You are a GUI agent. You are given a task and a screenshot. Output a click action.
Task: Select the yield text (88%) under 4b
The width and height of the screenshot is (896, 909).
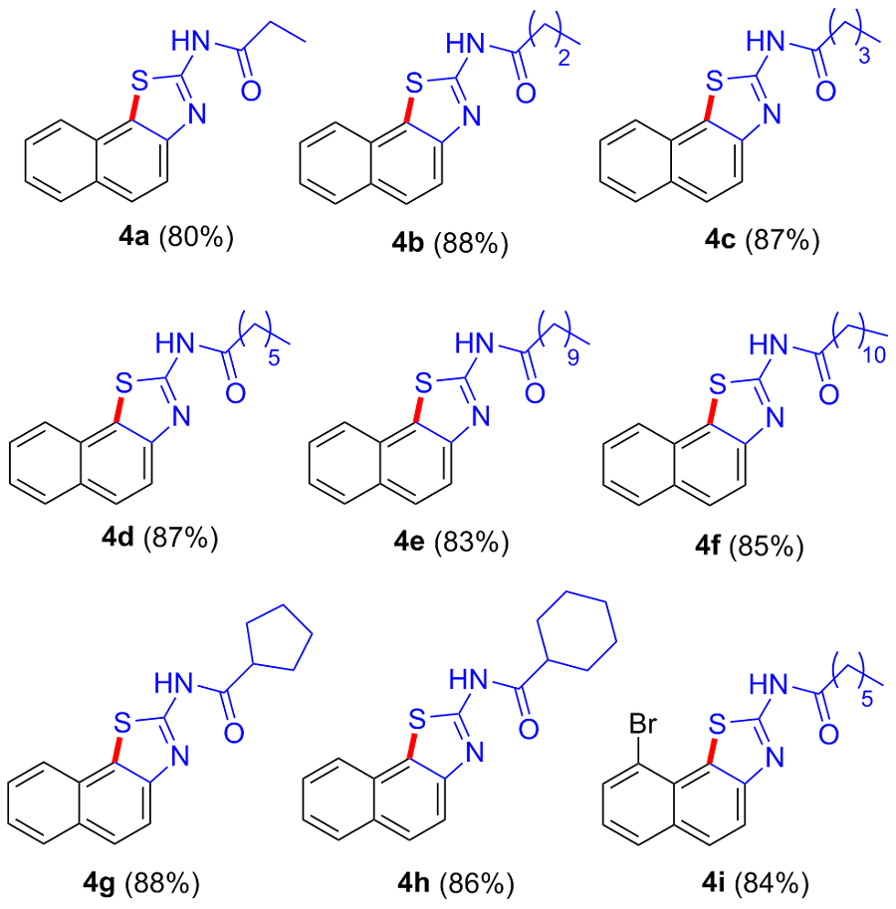click(x=471, y=243)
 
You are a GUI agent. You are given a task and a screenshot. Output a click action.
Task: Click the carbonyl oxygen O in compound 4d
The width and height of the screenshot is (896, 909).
click(x=236, y=392)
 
